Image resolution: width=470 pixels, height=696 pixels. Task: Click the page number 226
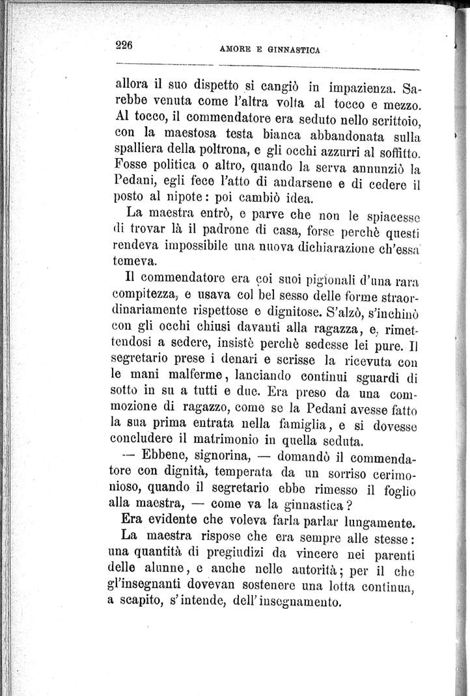tap(124, 45)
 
